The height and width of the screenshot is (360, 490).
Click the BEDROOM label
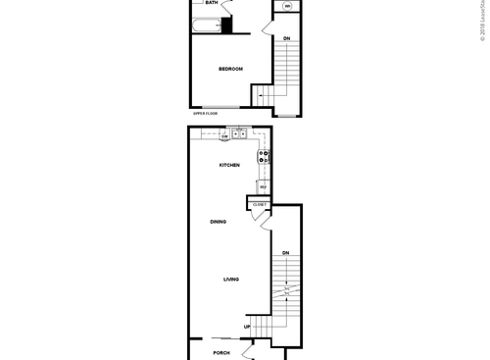230,69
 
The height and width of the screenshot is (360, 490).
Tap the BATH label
212,3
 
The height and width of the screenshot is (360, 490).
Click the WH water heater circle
287,7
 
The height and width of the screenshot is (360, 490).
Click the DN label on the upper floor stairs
286,38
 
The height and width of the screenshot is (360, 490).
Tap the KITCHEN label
229,165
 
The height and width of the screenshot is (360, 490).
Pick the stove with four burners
264,155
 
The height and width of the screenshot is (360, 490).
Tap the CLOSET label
259,204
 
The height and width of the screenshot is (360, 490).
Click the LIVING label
231,280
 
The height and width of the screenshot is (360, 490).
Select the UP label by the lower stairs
247,327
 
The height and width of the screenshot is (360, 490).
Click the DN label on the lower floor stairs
286,254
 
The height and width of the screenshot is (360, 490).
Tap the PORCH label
221,352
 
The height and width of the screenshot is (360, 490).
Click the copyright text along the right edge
483,20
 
